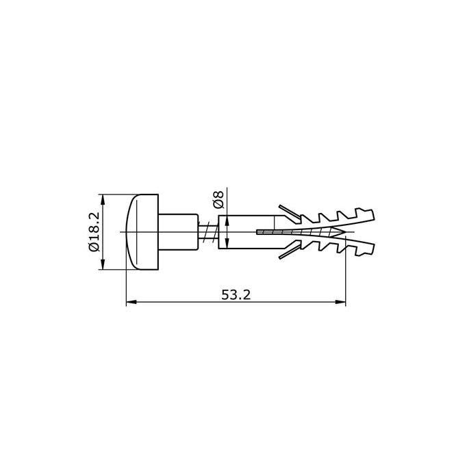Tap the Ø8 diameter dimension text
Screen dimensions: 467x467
(x=218, y=199)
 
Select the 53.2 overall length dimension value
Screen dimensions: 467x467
(x=236, y=295)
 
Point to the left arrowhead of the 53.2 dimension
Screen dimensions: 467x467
(x=131, y=302)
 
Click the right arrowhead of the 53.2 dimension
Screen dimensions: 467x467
(x=341, y=302)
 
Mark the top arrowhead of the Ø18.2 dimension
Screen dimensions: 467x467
(x=103, y=199)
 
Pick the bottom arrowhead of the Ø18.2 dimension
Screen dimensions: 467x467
(x=103, y=265)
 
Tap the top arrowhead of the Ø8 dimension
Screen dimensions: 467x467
(x=227, y=220)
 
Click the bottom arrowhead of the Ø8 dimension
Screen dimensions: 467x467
(x=227, y=244)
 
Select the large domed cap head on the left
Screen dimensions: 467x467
(x=142, y=232)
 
